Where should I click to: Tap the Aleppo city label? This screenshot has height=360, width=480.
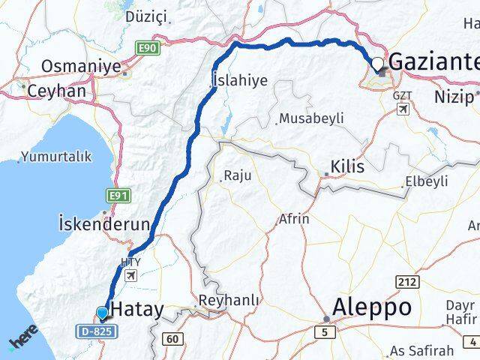coord(373,307)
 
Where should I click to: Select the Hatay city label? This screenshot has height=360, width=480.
coord(137,309)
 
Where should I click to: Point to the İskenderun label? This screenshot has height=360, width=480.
coord(103,223)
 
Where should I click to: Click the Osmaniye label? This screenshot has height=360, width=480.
coord(81,67)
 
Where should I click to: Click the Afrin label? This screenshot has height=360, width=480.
coord(294,219)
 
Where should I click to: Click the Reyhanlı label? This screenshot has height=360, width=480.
coord(229,300)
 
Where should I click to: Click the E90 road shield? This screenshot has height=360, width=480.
coord(146,49)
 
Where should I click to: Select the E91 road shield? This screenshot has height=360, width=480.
coord(116,196)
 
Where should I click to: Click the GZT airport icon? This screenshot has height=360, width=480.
coord(404,109)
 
